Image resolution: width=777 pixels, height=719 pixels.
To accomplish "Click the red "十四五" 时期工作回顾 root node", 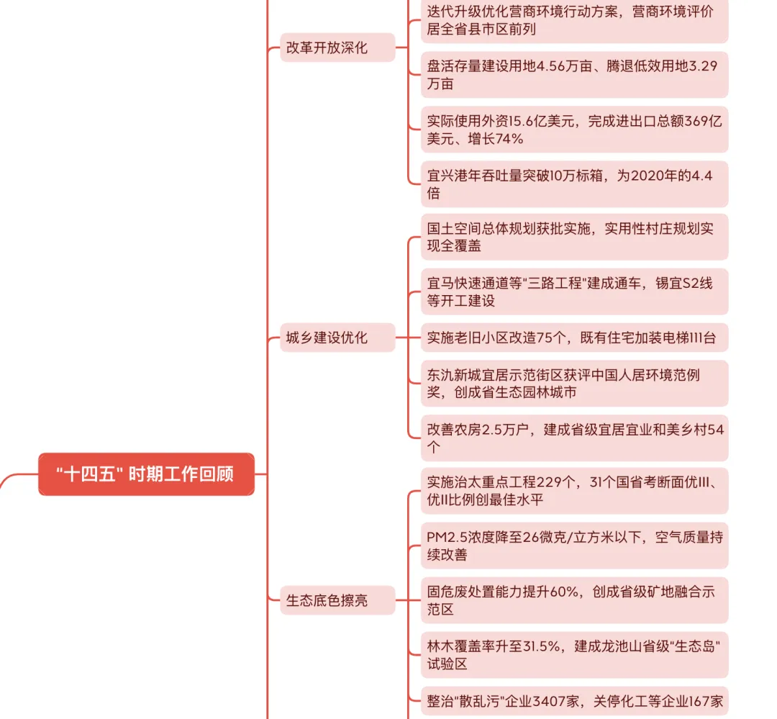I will click(146, 474).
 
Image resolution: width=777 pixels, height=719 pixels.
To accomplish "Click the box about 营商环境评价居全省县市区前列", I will click(574, 21).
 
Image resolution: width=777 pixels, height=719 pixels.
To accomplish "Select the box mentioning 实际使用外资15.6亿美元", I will click(574, 130).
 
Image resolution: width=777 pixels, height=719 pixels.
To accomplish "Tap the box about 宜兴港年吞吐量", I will click(574, 184).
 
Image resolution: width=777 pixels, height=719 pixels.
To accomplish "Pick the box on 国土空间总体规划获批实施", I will click(574, 237).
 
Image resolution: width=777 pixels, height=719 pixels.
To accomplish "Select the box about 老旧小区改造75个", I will click(574, 338).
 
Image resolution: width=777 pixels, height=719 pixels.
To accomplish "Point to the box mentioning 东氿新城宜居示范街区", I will click(574, 383).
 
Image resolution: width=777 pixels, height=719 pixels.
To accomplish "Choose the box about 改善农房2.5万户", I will click(574, 438).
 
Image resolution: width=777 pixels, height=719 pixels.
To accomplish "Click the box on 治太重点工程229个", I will click(574, 490).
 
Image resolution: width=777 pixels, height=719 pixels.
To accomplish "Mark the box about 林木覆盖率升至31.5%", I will click(574, 654).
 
